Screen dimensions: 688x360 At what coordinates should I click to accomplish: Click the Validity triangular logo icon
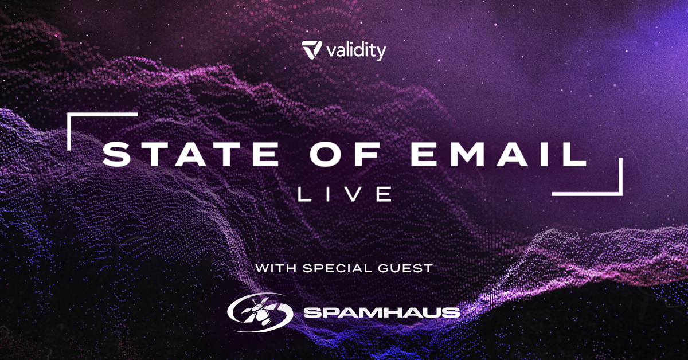[x=312, y=49]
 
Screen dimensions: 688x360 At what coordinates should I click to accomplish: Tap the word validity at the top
[x=357, y=51]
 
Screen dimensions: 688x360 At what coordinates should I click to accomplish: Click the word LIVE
[x=345, y=194]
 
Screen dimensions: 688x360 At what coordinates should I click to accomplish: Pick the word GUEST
[x=405, y=268]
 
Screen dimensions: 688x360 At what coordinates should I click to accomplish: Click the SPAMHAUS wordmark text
[x=382, y=312]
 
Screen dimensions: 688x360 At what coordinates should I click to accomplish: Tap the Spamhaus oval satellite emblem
[x=260, y=312]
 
